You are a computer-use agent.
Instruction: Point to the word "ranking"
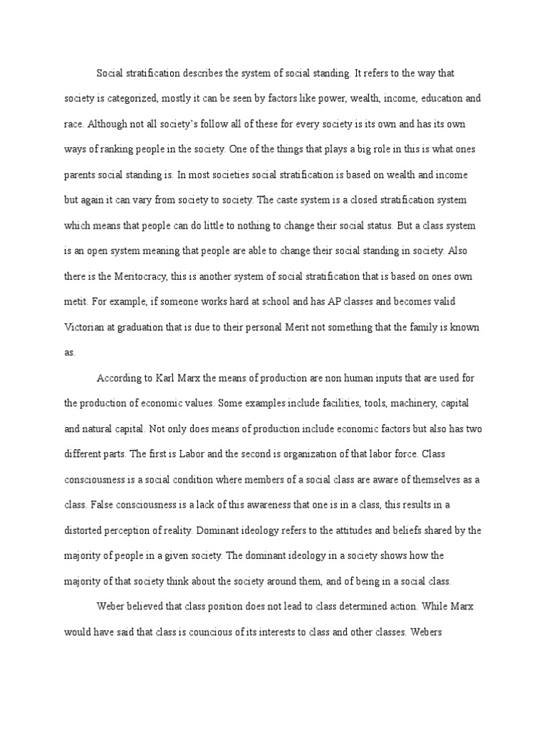tap(116, 148)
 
